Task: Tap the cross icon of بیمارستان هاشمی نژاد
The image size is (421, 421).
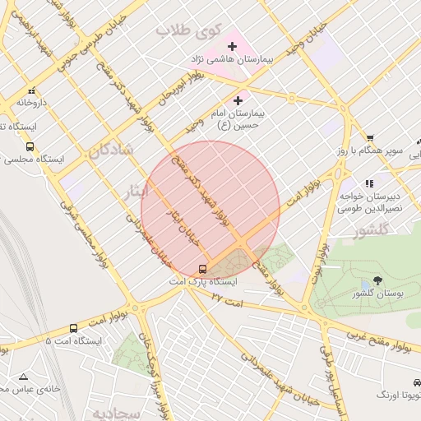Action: tap(232, 46)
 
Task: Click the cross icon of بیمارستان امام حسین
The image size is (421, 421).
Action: tap(238, 100)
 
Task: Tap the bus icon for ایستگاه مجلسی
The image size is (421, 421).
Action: tap(30, 147)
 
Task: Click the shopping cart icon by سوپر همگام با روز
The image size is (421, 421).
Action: tap(371, 137)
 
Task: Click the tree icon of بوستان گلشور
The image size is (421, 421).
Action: tap(378, 280)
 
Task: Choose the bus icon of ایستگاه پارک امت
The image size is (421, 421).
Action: tap(203, 269)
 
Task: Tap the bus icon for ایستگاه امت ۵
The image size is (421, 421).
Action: tap(73, 328)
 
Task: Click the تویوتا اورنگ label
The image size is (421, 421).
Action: tap(398, 396)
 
